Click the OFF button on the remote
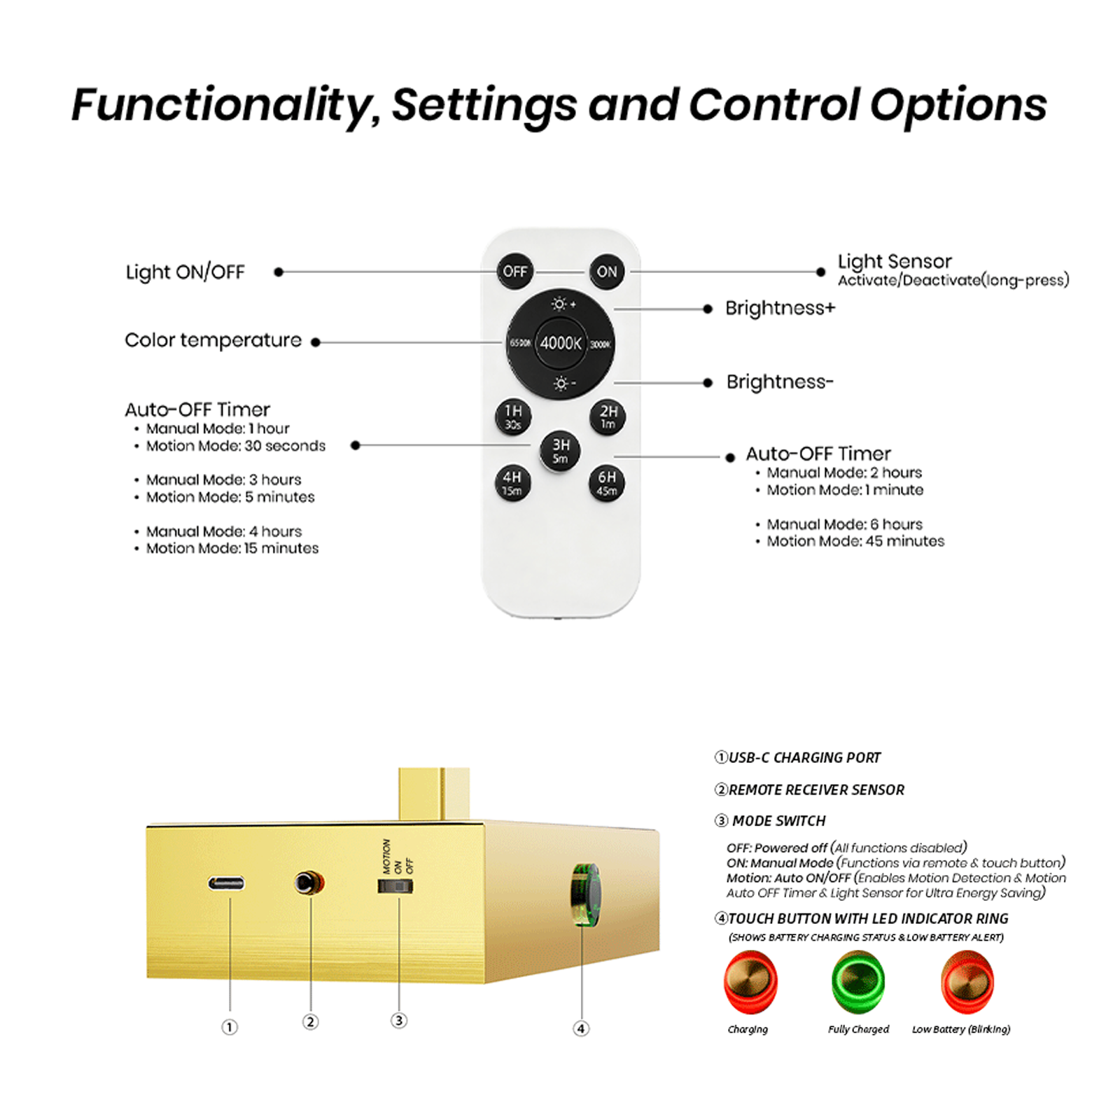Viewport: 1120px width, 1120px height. pyautogui.click(x=514, y=272)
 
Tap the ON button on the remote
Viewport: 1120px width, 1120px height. pyautogui.click(x=607, y=272)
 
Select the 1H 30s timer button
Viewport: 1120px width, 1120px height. pyautogui.click(x=513, y=416)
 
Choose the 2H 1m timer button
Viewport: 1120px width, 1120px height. pyautogui.click(x=608, y=416)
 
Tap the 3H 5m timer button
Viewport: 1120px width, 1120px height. pyautogui.click(x=560, y=450)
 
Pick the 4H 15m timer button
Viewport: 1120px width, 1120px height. pyautogui.click(x=512, y=483)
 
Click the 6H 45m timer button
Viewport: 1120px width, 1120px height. pyautogui.click(x=607, y=483)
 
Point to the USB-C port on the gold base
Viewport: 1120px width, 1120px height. pyautogui.click(x=227, y=883)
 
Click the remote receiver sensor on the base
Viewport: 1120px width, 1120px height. pyautogui.click(x=308, y=882)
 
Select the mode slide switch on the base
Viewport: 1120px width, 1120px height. pyautogui.click(x=395, y=886)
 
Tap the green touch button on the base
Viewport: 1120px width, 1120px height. pyautogui.click(x=585, y=895)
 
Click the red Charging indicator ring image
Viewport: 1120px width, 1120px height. pyautogui.click(x=750, y=981)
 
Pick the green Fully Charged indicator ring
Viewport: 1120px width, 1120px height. pyautogui.click(x=858, y=981)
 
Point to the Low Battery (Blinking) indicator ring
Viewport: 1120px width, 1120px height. pyautogui.click(x=967, y=981)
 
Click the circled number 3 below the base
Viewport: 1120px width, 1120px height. pyautogui.click(x=398, y=1020)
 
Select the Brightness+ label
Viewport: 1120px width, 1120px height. pyautogui.click(x=780, y=308)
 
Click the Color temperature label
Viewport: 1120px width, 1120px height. pyautogui.click(x=213, y=340)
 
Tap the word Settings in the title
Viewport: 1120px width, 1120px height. pyautogui.click(x=484, y=106)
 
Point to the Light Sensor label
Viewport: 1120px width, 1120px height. pyautogui.click(x=895, y=262)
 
